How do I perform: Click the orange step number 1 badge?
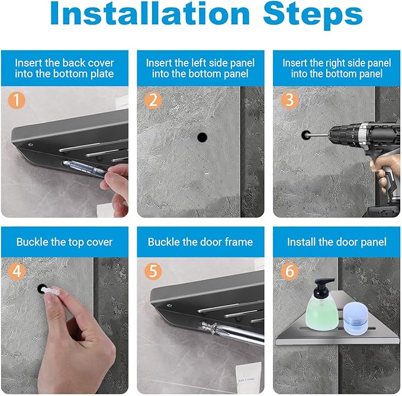click(x=17, y=100)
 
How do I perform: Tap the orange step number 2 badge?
click(x=153, y=100)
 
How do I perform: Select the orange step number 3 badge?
click(x=290, y=100)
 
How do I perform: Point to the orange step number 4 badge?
click(x=17, y=272)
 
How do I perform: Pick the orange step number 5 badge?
click(x=153, y=272)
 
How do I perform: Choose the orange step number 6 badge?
click(x=290, y=272)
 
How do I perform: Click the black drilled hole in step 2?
click(x=202, y=138)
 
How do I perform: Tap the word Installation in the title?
click(x=150, y=14)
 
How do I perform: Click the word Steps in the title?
click(x=313, y=15)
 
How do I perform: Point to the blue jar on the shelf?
click(x=356, y=319)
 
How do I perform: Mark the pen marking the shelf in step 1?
click(x=85, y=167)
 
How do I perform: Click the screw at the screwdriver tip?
click(x=210, y=329)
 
